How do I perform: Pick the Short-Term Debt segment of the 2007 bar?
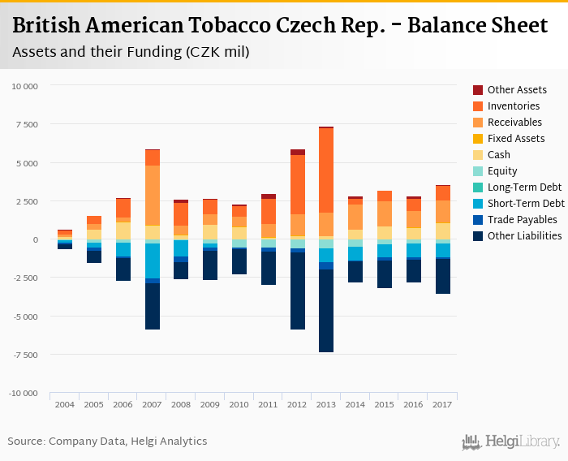[x=152, y=261]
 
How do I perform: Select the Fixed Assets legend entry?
[x=515, y=139]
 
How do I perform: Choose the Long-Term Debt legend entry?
[x=524, y=187]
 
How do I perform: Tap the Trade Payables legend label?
[x=522, y=220]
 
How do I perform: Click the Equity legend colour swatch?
[x=478, y=171]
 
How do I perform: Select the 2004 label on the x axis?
[x=65, y=404]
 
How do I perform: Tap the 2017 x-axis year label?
[x=442, y=404]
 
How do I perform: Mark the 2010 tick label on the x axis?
[x=239, y=404]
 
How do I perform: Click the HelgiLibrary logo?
[x=510, y=442]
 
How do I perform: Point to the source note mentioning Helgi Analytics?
[x=107, y=442]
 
